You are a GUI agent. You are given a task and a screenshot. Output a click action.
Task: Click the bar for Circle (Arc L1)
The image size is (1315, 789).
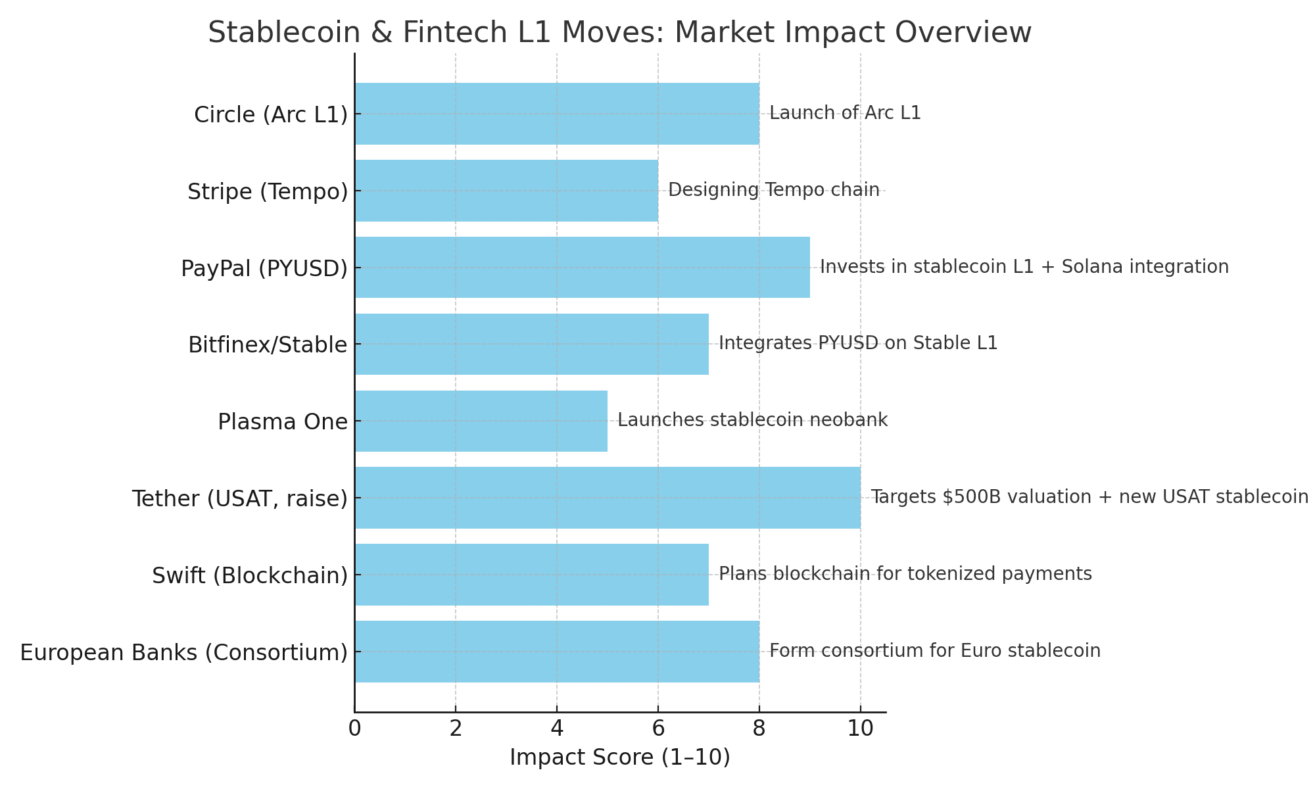(x=557, y=114)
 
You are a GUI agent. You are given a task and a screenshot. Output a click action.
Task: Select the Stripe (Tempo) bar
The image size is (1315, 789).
(x=506, y=191)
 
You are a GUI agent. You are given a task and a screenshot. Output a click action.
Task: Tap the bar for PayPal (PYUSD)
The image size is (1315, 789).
(x=582, y=268)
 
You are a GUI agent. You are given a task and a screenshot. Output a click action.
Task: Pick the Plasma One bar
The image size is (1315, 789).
(x=481, y=421)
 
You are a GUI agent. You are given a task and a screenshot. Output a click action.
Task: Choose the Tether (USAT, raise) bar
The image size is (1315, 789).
(x=608, y=498)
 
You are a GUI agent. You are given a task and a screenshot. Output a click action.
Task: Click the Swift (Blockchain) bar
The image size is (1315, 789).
(x=531, y=575)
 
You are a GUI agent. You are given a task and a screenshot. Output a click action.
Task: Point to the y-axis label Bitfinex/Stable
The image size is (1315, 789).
(x=268, y=345)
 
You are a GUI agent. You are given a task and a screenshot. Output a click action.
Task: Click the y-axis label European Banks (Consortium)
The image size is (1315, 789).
(x=183, y=652)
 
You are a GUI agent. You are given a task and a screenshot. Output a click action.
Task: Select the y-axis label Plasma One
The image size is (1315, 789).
(x=283, y=421)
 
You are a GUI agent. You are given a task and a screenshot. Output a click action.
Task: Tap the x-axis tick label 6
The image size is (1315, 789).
(x=658, y=729)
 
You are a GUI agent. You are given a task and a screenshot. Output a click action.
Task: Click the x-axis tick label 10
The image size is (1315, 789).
(x=861, y=729)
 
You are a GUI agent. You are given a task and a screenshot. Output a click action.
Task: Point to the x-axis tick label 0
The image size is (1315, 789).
(x=354, y=729)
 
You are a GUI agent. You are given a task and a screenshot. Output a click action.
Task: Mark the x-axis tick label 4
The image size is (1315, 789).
(x=557, y=729)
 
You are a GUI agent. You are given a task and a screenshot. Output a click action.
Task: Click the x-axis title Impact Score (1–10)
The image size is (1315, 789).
(x=620, y=758)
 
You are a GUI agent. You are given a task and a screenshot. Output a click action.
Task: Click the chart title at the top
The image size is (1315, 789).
(x=620, y=33)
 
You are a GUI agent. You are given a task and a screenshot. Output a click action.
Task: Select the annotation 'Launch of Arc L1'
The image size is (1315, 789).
(x=845, y=113)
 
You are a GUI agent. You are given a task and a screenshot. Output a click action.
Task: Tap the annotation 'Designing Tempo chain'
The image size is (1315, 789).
(x=773, y=190)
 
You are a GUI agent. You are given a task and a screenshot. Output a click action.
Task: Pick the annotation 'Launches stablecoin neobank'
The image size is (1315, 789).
(x=752, y=420)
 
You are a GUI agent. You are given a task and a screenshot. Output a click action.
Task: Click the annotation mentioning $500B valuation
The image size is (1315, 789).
(x=1089, y=497)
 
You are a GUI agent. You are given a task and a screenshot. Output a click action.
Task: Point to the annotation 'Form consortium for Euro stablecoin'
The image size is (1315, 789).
(x=934, y=651)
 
